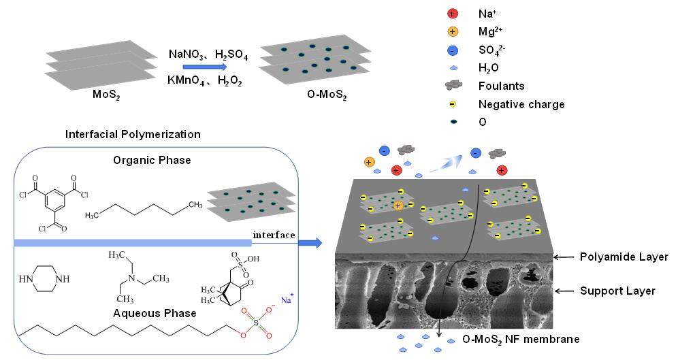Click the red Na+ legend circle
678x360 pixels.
[453, 13]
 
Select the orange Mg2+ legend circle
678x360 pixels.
[453, 31]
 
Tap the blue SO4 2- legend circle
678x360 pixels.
[453, 50]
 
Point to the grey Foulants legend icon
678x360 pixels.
[453, 86]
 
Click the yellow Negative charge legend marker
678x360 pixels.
[453, 105]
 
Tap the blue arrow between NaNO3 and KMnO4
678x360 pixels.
[204, 67]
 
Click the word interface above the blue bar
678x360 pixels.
[274, 235]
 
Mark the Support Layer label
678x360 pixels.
[617, 291]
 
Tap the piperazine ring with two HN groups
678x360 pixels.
[45, 279]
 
